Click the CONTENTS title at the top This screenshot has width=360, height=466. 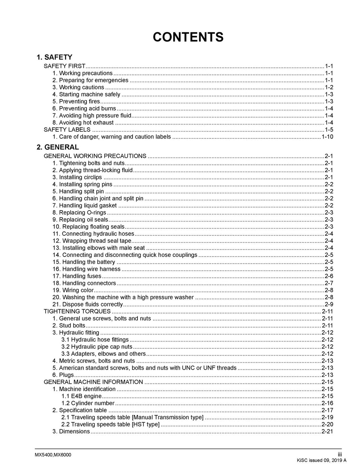point(188,37)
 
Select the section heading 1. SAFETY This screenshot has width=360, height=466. point(54,57)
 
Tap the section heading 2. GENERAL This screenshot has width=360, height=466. point(58,147)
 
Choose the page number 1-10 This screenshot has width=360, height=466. point(327,137)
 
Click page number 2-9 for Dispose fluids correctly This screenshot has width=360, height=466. point(329,304)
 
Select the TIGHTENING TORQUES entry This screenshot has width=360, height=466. point(77,311)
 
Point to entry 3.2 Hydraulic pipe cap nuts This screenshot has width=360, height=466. point(97,347)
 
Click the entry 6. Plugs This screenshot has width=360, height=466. point(63,375)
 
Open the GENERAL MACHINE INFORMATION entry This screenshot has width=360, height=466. point(93,382)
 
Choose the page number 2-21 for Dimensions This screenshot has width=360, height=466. point(327,432)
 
